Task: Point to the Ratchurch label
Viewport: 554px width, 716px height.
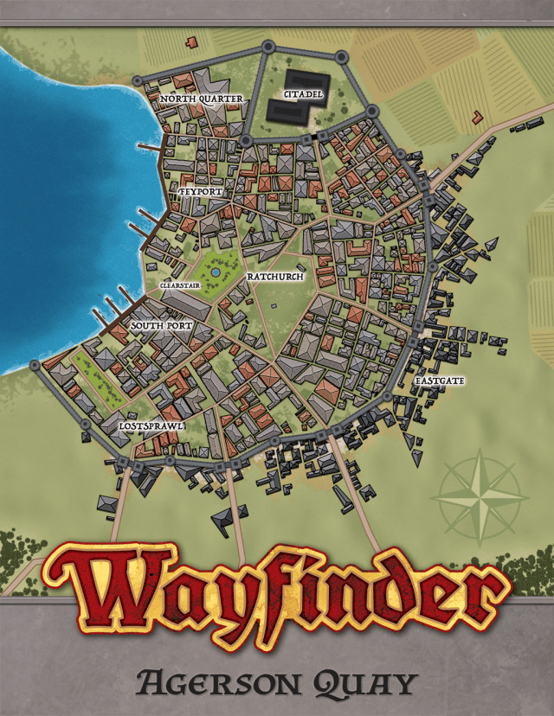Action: [274, 277]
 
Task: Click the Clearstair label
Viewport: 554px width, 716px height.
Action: [179, 284]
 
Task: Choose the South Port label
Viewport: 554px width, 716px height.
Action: [161, 325]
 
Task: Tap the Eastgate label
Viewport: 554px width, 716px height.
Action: [439, 380]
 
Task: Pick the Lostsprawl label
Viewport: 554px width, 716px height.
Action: [151, 426]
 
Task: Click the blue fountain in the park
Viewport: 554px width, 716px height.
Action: [215, 272]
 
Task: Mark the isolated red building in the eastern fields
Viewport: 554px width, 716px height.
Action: [477, 116]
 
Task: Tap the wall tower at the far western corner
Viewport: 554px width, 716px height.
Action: [35, 366]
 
